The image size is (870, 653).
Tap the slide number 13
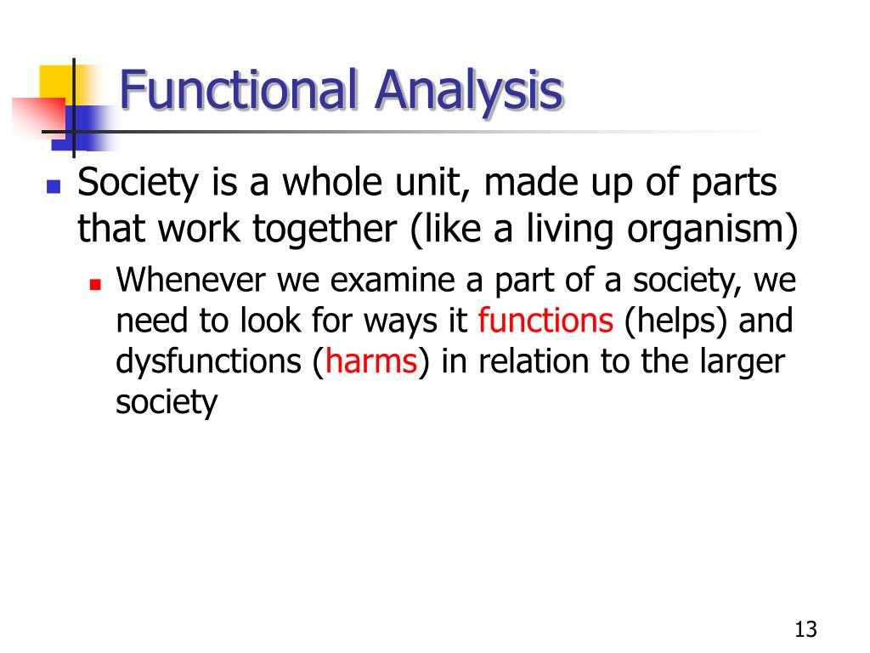point(805,630)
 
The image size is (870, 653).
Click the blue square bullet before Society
point(54,185)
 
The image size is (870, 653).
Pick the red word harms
point(370,362)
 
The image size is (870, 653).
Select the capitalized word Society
point(132,184)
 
